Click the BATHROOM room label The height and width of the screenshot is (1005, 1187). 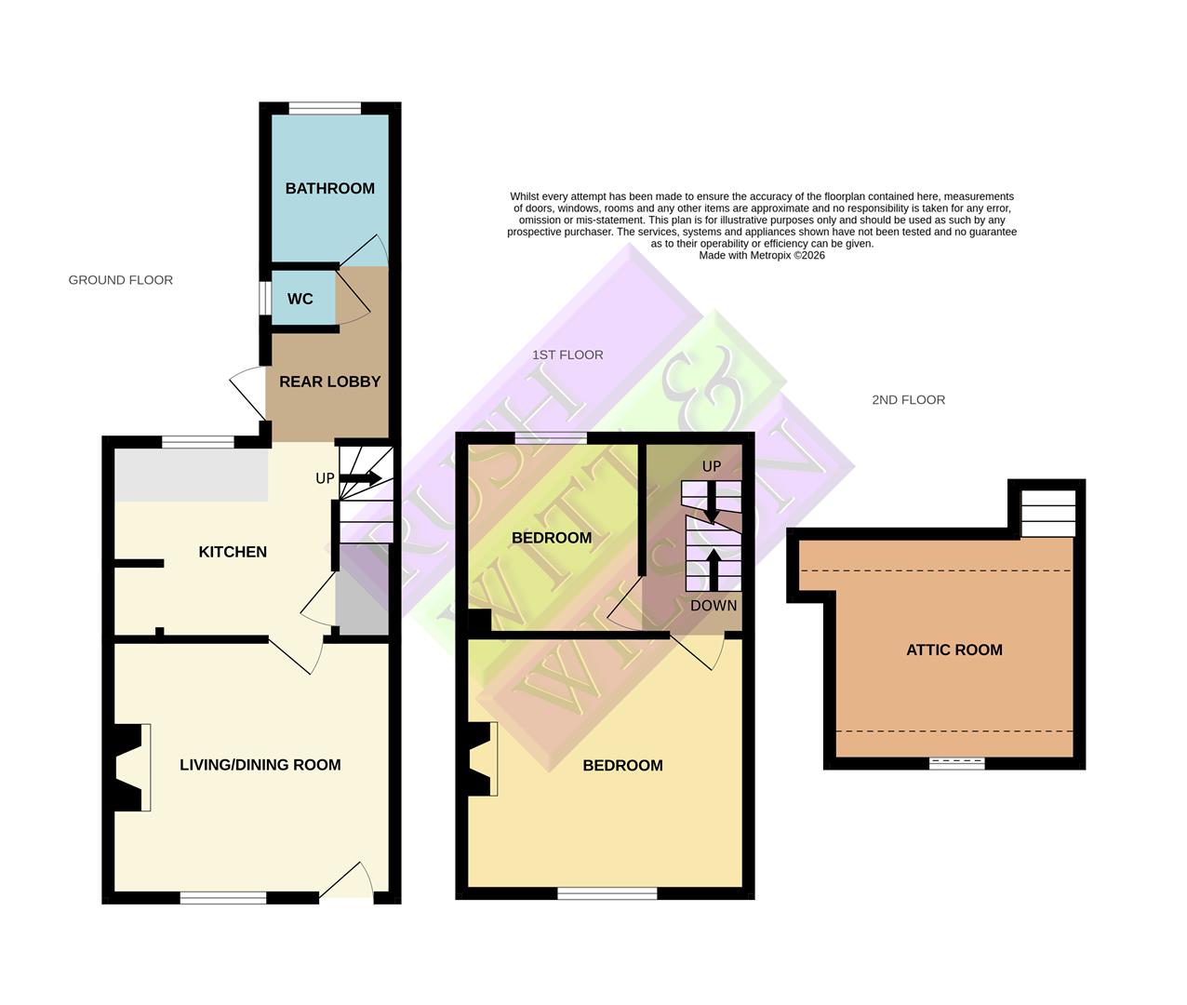[x=329, y=188]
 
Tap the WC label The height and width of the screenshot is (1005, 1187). [x=300, y=299]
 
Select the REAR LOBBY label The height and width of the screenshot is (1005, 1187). [x=329, y=382]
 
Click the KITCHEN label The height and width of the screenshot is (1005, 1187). [x=233, y=552]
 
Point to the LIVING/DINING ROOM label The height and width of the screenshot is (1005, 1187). [x=260, y=765]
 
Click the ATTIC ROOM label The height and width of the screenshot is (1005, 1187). [x=954, y=650]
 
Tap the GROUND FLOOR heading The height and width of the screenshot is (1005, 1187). [x=120, y=280]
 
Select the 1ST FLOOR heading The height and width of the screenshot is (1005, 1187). [x=567, y=355]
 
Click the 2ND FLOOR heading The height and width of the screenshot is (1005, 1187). [x=908, y=400]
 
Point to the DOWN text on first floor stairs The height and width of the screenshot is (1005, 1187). [x=714, y=606]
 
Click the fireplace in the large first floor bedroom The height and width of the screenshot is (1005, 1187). [x=483, y=758]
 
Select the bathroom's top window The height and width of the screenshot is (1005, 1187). [x=325, y=109]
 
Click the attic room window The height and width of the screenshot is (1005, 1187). [x=957, y=763]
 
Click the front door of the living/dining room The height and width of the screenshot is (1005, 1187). [x=347, y=881]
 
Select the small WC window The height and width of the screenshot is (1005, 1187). [x=264, y=299]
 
